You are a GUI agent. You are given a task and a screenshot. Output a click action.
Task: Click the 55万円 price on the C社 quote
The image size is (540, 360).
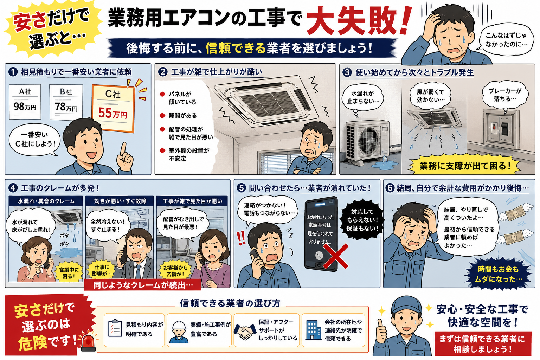click(112, 113)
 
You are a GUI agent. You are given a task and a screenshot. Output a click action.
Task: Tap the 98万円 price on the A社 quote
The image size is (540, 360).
click(25, 106)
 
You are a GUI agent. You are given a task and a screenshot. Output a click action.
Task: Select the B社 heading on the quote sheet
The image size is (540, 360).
click(66, 92)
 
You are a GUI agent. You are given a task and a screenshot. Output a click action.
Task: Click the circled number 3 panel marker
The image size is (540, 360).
click(347, 72)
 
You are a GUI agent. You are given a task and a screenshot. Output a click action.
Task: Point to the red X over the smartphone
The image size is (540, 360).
click(335, 256)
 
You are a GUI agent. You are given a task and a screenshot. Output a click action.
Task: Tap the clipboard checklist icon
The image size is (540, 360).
click(115, 328)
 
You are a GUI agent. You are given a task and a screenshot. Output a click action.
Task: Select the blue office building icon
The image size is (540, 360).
click(313, 330)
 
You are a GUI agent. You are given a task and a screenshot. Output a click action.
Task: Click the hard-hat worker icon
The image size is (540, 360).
click(179, 332)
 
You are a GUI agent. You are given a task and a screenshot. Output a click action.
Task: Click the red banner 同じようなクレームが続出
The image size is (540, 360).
click(143, 285)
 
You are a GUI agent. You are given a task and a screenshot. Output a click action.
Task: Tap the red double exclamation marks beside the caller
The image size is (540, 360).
click(241, 238)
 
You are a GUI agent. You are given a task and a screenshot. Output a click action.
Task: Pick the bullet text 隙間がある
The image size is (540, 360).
click(182, 116)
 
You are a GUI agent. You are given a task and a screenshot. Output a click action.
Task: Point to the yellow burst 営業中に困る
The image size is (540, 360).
click(69, 273)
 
